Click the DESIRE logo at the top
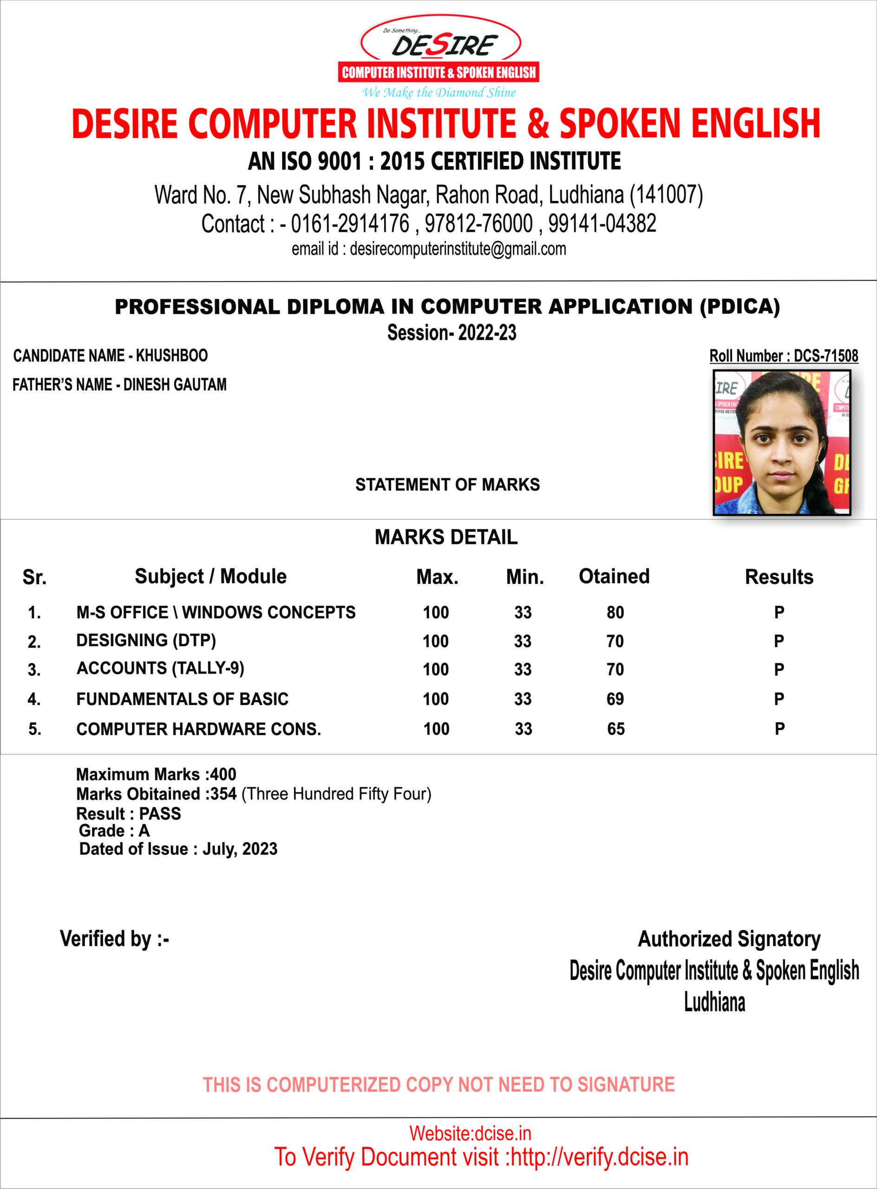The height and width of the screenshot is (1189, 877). click(x=439, y=56)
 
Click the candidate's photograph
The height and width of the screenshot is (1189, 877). click(x=781, y=443)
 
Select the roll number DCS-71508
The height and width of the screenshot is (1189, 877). click(x=825, y=356)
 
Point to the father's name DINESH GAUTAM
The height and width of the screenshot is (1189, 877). click(x=175, y=385)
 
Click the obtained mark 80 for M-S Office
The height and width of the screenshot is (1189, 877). click(x=615, y=613)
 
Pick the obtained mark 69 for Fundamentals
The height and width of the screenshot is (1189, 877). click(x=615, y=699)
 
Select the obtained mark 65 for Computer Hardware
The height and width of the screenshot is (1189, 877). click(x=616, y=729)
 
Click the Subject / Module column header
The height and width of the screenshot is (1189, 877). click(x=210, y=576)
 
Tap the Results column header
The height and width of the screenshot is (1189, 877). click(x=779, y=577)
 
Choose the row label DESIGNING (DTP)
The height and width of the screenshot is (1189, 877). click(x=146, y=640)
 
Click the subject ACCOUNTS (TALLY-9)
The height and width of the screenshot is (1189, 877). click(x=160, y=668)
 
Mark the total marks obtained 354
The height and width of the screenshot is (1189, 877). click(x=223, y=794)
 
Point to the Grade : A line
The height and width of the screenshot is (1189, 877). click(x=114, y=831)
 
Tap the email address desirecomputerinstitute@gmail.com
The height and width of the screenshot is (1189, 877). click(x=458, y=249)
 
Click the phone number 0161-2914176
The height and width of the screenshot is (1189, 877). click(x=350, y=223)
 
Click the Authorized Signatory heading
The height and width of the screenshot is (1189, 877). click(x=729, y=939)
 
